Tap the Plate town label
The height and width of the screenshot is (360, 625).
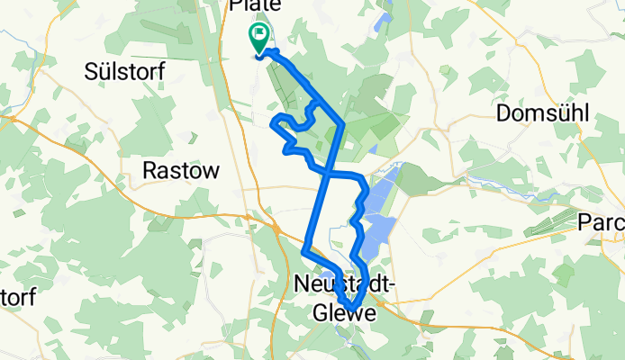pos(255,5)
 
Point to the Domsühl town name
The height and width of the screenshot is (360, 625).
pos(542,113)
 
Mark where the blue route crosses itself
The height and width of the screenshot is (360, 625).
pos(328,170)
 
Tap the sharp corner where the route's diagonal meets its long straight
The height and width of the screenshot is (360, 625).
pos(344,121)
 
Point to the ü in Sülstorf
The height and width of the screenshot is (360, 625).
pos(100,71)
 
